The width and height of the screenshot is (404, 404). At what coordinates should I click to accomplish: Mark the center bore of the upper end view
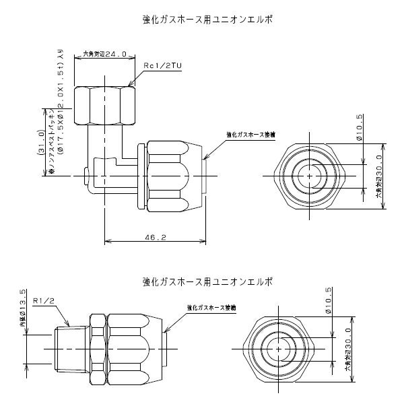point(308,175)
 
